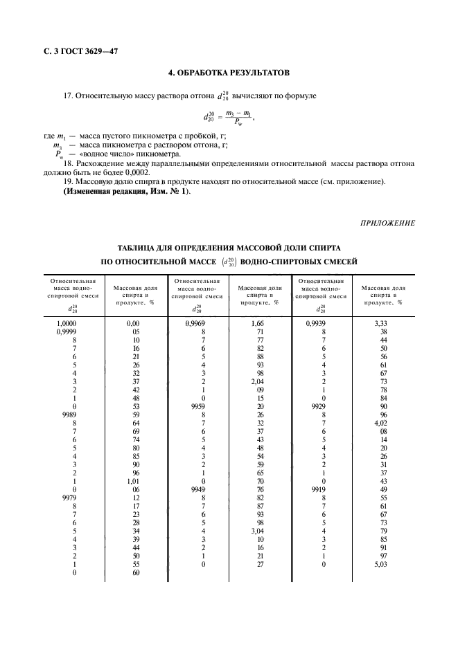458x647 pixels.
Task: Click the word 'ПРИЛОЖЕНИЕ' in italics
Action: pyautogui.click(x=388, y=222)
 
